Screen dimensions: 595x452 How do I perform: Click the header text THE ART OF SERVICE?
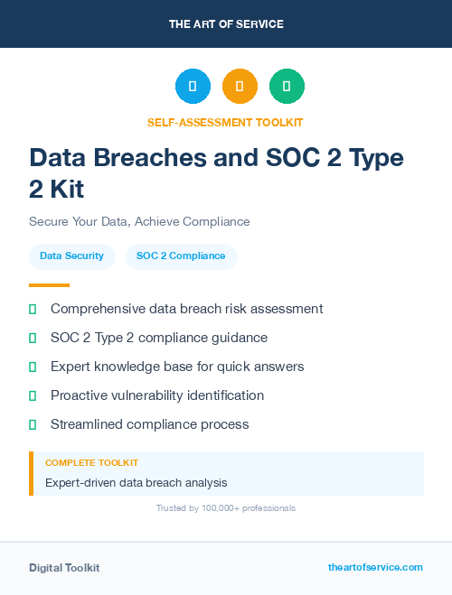226,24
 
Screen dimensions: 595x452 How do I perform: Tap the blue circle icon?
193,87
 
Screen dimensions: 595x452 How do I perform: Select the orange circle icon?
240,87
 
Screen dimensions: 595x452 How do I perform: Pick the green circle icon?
287,87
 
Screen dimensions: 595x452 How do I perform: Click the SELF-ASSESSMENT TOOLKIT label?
225,122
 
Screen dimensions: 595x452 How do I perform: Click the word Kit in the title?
71,189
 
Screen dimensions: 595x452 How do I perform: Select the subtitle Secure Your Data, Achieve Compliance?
139,221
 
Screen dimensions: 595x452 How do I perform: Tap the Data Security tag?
71,256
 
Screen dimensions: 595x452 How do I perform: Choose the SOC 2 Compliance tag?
181,256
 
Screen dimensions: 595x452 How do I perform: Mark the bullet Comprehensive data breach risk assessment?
186,309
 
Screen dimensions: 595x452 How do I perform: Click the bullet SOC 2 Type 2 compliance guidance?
159,338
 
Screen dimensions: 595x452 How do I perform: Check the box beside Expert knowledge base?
33,367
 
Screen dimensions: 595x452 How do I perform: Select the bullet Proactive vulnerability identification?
157,395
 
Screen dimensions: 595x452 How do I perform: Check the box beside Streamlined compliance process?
33,424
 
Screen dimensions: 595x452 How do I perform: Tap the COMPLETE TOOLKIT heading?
91,462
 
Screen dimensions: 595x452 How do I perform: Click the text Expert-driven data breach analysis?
136,483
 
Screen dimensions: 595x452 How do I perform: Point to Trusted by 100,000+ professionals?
226,508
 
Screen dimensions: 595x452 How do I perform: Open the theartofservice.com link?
375,567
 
